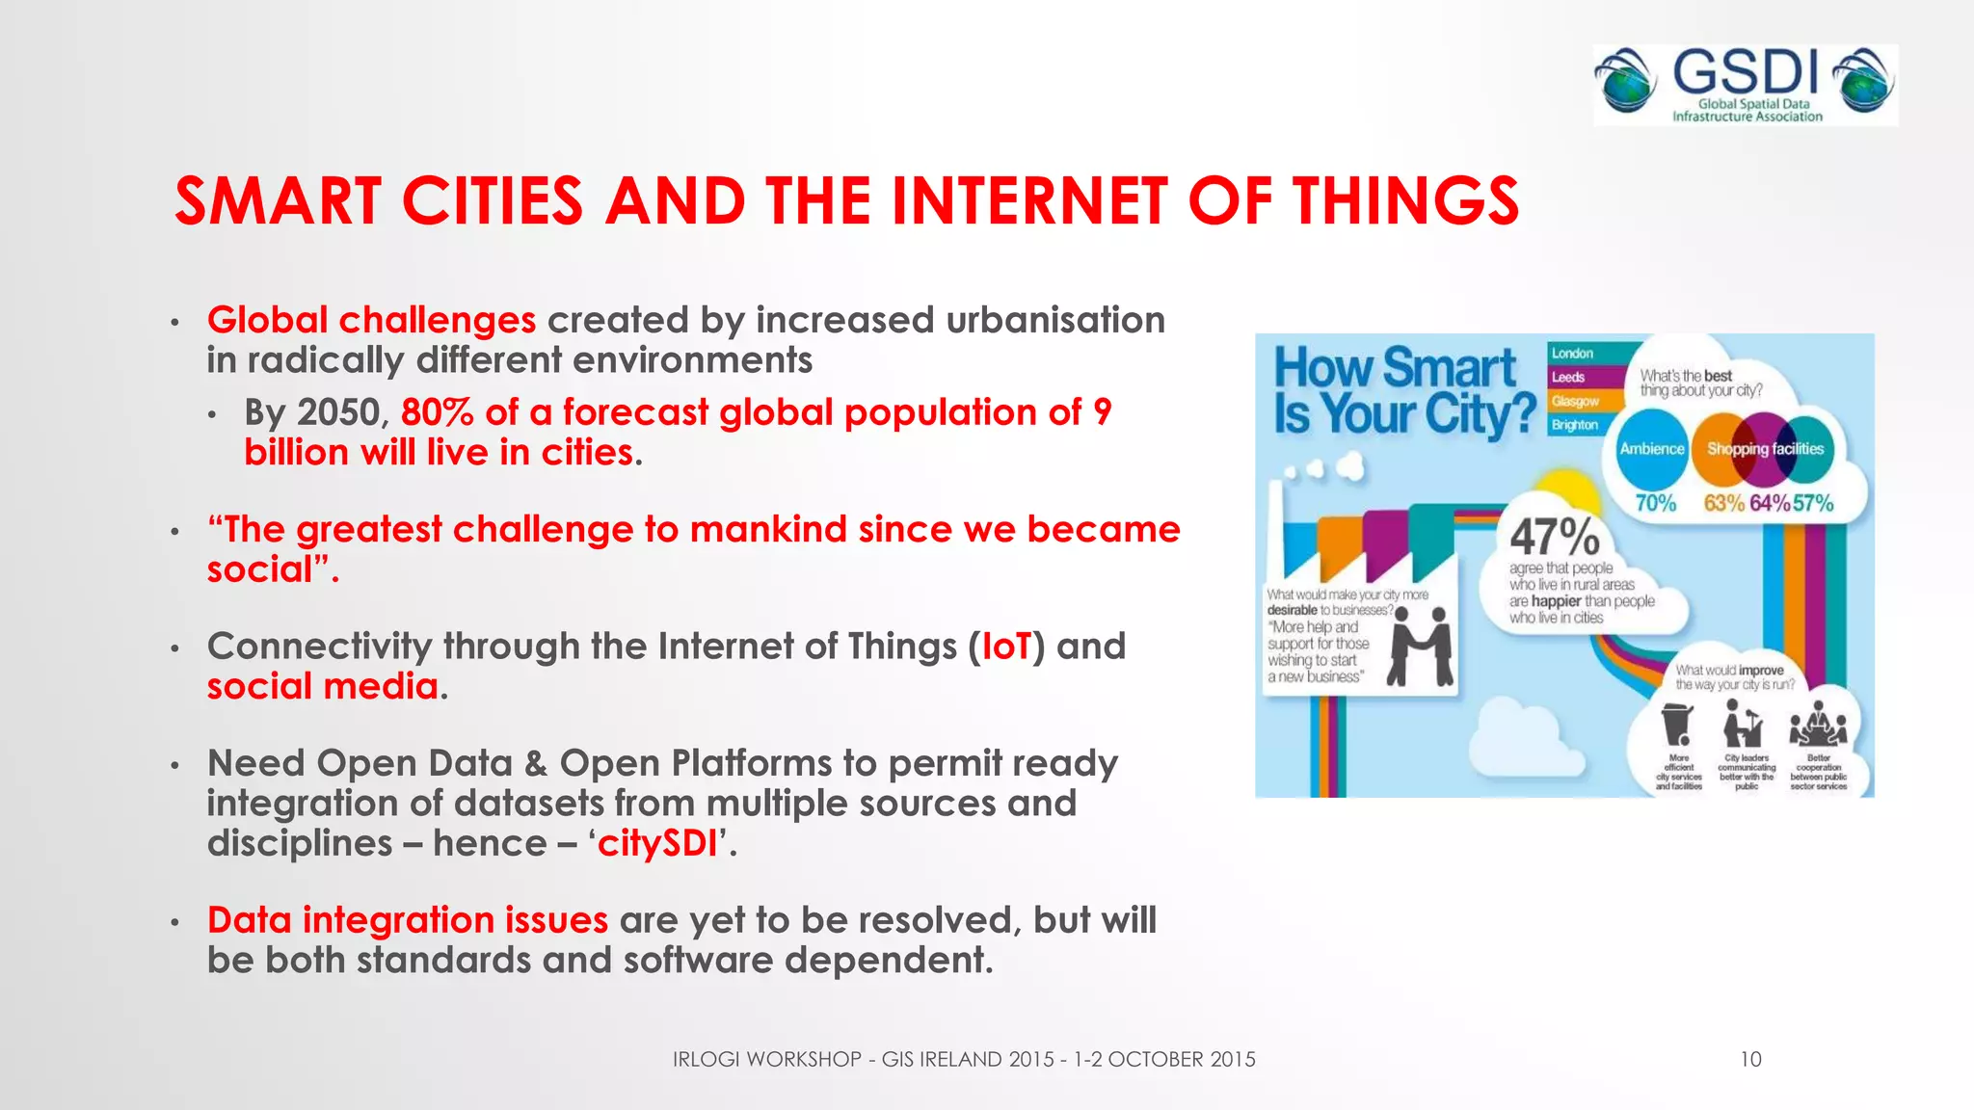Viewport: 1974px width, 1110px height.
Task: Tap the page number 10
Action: pyautogui.click(x=1750, y=1059)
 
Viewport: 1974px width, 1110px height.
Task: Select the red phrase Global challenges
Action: pyautogui.click(x=371, y=320)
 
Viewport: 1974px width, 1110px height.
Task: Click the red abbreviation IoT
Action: pyautogui.click(x=1006, y=647)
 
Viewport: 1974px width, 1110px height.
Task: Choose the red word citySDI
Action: pyautogui.click(x=657, y=843)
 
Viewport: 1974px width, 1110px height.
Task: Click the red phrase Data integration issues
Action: pyautogui.click(x=407, y=920)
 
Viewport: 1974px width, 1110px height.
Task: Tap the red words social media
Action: pyautogui.click(x=323, y=686)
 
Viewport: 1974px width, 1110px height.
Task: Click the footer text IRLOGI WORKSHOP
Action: pyautogui.click(x=766, y=1059)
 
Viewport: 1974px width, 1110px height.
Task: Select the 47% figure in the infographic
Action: pyautogui.click(x=1554, y=536)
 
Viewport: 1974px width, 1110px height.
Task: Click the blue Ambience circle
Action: pyautogui.click(x=1651, y=449)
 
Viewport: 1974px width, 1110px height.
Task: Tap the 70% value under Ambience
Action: pyautogui.click(x=1655, y=503)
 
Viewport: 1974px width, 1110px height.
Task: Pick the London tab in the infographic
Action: pyautogui.click(x=1573, y=354)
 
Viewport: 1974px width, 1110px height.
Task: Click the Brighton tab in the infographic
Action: pyautogui.click(x=1575, y=425)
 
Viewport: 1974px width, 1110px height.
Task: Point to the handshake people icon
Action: pyautogui.click(x=1421, y=647)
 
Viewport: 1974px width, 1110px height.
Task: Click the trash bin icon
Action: pyautogui.click(x=1677, y=724)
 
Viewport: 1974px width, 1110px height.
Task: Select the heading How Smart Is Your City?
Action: pyautogui.click(x=1402, y=390)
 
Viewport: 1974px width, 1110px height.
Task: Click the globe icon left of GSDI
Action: pyautogui.click(x=1625, y=82)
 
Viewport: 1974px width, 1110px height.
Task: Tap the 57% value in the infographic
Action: pyautogui.click(x=1813, y=503)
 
